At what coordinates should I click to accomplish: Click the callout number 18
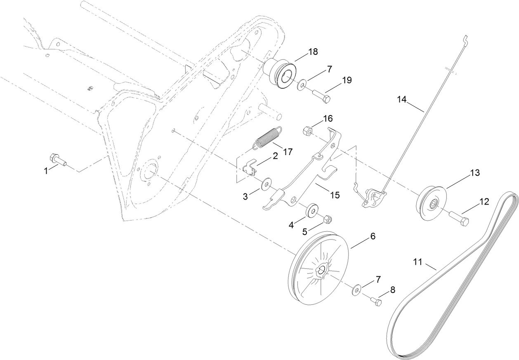click(x=313, y=52)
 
